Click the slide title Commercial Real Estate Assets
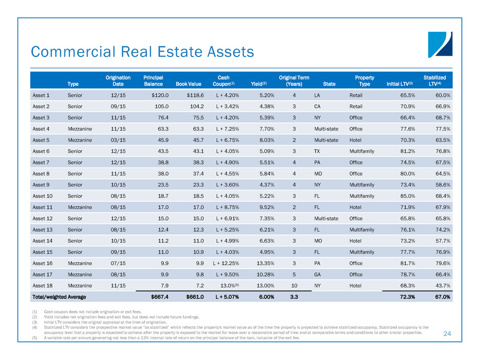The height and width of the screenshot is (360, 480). pyautogui.click(x=142, y=52)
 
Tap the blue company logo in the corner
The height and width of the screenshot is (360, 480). pyautogui.click(x=440, y=44)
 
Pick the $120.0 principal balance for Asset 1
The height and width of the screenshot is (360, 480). pyautogui.click(x=153, y=95)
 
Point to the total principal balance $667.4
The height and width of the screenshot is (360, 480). pyautogui.click(x=152, y=296)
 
